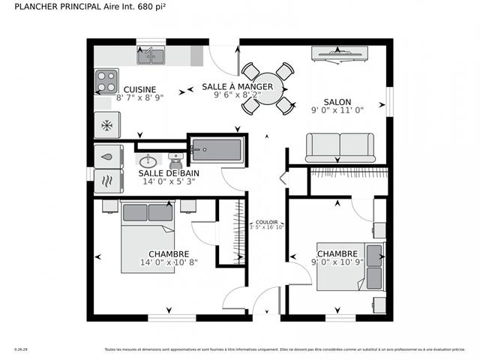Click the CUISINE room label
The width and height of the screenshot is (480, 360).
[139, 88]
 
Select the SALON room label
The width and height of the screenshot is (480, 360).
[337, 101]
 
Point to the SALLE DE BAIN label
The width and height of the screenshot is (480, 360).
[169, 172]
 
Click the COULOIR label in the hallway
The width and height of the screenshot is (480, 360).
[266, 222]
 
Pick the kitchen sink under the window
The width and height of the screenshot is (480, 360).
[151, 55]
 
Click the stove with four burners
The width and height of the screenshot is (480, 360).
[106, 79]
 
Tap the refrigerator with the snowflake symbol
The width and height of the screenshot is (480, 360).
[106, 124]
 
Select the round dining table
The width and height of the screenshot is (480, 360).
[266, 88]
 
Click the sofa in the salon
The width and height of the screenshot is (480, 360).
[340, 146]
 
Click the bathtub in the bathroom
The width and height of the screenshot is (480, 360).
[217, 150]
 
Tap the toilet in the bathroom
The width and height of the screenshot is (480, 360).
[176, 160]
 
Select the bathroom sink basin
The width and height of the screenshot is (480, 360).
[148, 160]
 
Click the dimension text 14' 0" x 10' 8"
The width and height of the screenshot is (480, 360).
[168, 262]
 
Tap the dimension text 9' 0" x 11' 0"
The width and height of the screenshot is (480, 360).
[337, 110]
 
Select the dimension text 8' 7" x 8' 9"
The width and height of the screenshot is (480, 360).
[139, 97]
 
